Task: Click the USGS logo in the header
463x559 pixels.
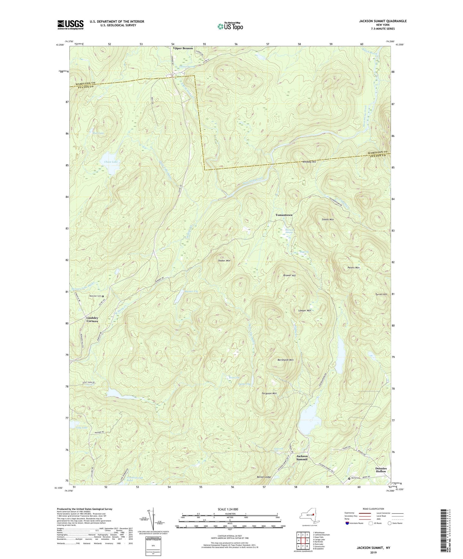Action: tap(70, 25)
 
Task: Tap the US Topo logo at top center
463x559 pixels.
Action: tap(230, 26)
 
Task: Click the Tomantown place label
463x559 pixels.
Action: tap(284, 215)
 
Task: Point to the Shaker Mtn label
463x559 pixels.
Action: tap(224, 261)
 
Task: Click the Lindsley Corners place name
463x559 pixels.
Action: tap(92, 319)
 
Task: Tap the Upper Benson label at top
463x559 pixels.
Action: tap(183, 48)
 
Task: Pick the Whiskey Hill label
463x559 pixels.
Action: tap(309, 162)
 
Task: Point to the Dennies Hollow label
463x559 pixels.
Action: tap(381, 470)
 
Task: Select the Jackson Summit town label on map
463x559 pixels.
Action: tap(302, 458)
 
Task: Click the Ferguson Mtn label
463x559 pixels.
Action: tap(269, 393)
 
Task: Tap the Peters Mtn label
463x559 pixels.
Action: tap(353, 268)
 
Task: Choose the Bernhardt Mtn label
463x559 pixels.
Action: tap(285, 360)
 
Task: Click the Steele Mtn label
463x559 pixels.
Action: tap(327, 220)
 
